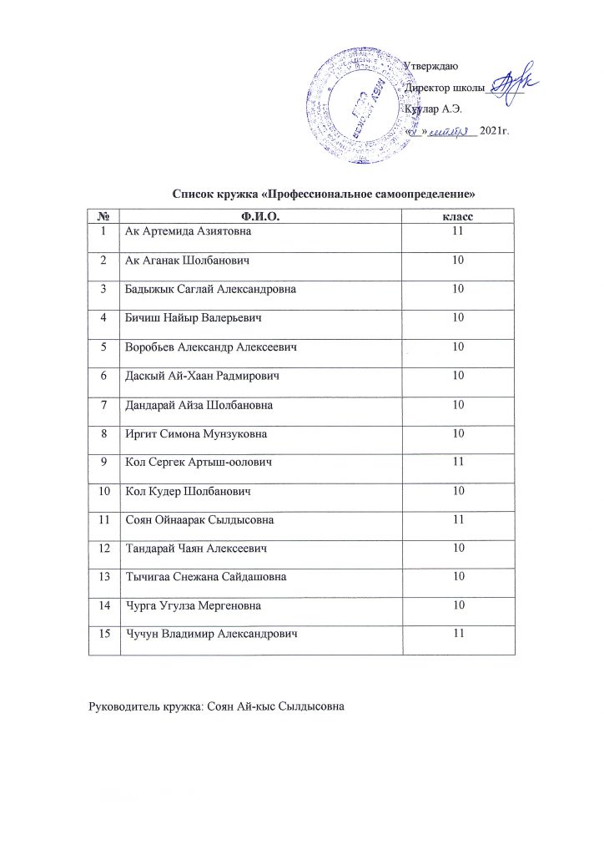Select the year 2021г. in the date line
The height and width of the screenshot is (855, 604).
pos(495,132)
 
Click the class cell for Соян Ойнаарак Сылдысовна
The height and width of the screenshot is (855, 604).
pos(456,520)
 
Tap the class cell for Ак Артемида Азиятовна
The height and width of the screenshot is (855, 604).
pos(456,231)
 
